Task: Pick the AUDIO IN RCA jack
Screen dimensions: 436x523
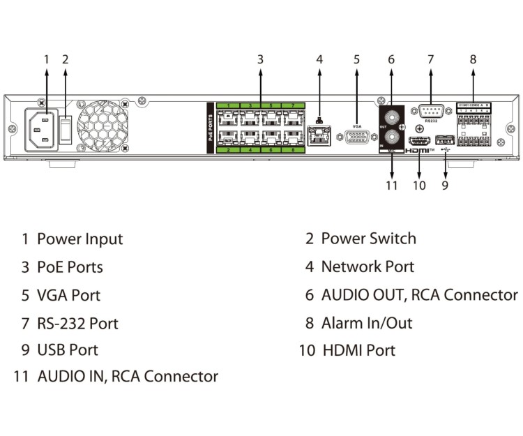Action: (x=393, y=135)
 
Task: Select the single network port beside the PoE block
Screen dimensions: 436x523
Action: (x=319, y=136)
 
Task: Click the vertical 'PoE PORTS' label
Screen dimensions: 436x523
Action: (x=211, y=125)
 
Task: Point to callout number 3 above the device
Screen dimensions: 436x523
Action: (x=260, y=59)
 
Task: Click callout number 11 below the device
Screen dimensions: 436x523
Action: (x=392, y=186)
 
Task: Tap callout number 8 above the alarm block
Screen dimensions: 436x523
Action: (x=473, y=59)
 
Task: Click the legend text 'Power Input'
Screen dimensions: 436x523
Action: (x=79, y=239)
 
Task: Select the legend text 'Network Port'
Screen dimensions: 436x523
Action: (x=367, y=266)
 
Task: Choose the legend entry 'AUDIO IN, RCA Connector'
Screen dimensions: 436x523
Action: (x=128, y=377)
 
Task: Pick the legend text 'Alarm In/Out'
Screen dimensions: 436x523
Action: (x=366, y=323)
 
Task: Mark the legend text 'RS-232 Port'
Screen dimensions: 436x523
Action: (x=77, y=324)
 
